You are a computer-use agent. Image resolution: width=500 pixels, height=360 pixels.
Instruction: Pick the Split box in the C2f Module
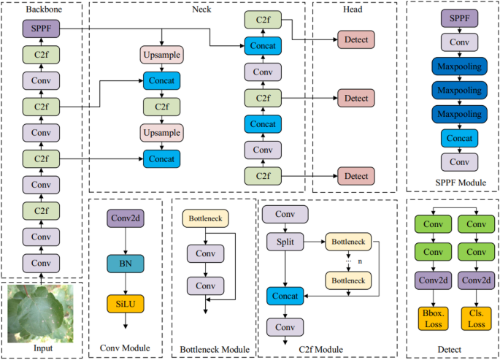285,241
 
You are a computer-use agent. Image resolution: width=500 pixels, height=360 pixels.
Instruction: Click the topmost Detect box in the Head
355,39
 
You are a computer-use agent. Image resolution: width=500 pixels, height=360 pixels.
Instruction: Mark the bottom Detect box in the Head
355,175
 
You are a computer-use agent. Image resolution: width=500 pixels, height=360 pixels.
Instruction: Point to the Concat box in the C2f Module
285,296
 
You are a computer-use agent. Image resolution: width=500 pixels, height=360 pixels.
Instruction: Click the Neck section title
201,9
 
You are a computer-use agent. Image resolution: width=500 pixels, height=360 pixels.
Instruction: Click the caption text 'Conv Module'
126,349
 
